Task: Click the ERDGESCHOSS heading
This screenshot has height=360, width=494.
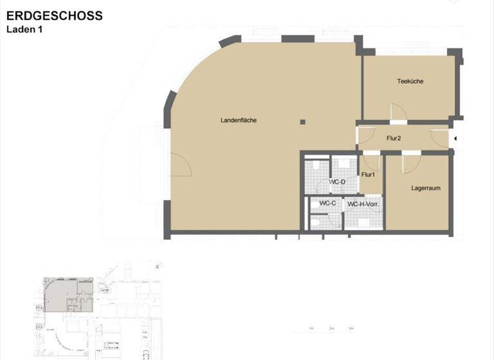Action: pyautogui.click(x=54, y=16)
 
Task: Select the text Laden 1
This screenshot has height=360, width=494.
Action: pyautogui.click(x=24, y=29)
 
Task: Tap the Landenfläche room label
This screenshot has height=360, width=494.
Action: pyautogui.click(x=239, y=120)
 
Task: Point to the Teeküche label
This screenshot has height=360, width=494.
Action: pyautogui.click(x=410, y=81)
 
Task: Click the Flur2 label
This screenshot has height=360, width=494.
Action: pyautogui.click(x=394, y=138)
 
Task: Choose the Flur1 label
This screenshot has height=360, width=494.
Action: pyautogui.click(x=369, y=175)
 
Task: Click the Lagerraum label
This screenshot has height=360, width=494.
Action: pyautogui.click(x=426, y=188)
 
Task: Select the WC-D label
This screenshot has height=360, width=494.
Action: pyautogui.click(x=337, y=182)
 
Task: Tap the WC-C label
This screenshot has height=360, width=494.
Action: pyautogui.click(x=328, y=203)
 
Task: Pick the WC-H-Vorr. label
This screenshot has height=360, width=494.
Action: pyautogui.click(x=362, y=204)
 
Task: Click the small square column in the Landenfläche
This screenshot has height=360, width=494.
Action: pyautogui.click(x=302, y=121)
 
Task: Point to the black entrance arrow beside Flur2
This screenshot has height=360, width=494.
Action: pyautogui.click(x=455, y=139)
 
